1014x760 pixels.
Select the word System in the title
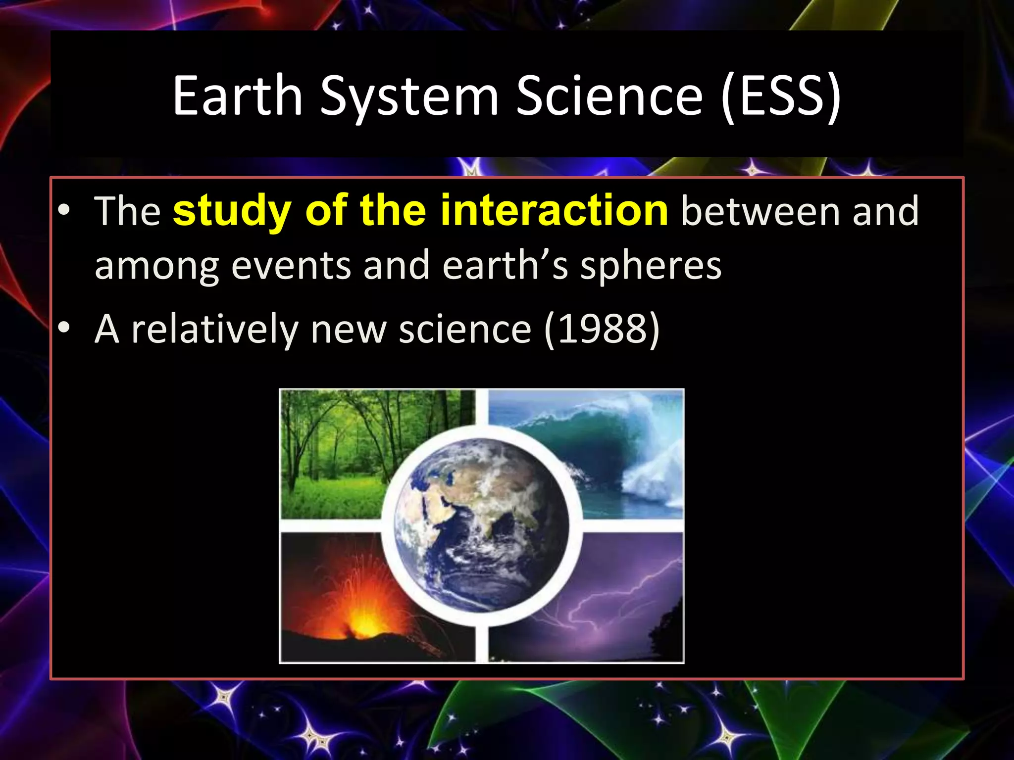pos(409,97)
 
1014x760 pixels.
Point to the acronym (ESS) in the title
pos(781,97)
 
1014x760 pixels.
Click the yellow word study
pos(232,212)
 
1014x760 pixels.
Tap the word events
pos(291,266)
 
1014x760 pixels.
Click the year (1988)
pos(602,330)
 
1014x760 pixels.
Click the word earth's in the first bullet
pos(505,266)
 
